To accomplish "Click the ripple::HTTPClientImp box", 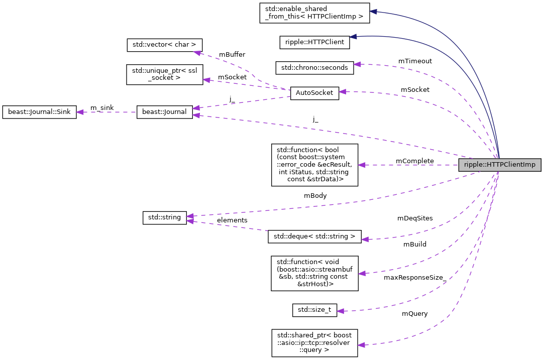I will (499, 165).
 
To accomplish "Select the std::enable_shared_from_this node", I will (314, 13).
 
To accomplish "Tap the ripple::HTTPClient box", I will (314, 42).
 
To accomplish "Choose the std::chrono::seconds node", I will (314, 67).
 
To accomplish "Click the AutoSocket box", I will (314, 93).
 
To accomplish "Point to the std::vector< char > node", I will (164, 45).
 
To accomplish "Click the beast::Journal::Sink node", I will (39, 112).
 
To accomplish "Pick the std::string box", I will (165, 218).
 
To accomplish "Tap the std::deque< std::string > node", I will (314, 236).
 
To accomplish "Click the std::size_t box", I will (314, 310).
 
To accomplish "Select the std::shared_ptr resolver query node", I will (314, 343).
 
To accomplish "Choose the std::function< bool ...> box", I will (314, 165).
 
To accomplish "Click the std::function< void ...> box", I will (314, 273).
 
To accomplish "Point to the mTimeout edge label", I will (415, 61).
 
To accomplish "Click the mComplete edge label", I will (414, 161).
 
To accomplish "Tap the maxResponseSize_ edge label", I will (415, 277).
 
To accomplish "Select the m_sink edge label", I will (101, 107).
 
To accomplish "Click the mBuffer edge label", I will (232, 54).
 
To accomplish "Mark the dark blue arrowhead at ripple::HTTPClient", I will (353, 37).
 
